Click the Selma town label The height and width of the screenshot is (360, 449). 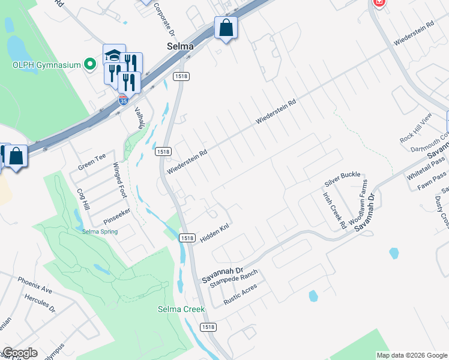pos(180,46)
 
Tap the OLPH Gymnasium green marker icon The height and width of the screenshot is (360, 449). pos(91,64)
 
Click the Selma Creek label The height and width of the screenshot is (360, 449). pos(181,310)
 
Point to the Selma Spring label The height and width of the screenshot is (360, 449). pos(100,231)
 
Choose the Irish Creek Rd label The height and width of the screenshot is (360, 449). pos(334,209)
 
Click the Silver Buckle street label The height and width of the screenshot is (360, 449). pos(342,175)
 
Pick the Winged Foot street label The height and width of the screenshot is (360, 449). pos(120,179)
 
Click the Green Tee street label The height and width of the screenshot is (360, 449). pos(91,161)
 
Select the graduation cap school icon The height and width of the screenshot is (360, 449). pos(114,56)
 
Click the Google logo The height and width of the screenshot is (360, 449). pos(20,353)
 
